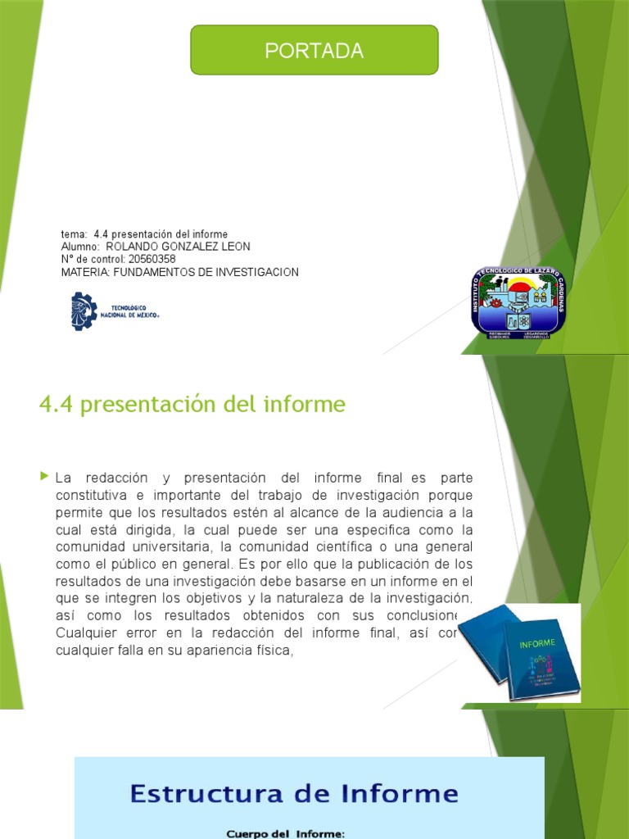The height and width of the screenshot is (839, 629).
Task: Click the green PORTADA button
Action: [314, 50]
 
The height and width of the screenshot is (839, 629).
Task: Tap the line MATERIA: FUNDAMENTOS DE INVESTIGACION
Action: [180, 272]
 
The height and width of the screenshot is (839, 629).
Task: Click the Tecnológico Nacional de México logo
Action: [115, 311]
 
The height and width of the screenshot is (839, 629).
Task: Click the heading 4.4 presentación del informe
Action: [192, 405]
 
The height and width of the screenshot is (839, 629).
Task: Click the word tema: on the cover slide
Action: [74, 234]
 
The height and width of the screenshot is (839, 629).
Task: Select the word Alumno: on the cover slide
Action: [80, 247]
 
